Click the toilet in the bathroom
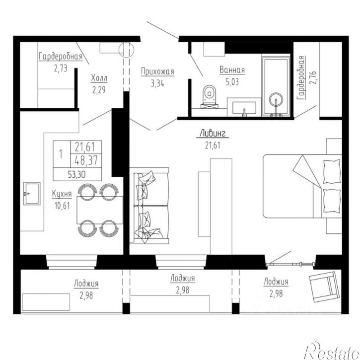click(x=210, y=96)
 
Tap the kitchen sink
click(x=32, y=193)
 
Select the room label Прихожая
click(x=157, y=72)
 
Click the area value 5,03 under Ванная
click(x=232, y=82)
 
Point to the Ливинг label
click(x=213, y=133)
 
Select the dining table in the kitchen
click(x=100, y=210)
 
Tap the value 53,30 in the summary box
click(x=77, y=174)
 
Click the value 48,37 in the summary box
click(x=86, y=160)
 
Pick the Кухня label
click(x=62, y=194)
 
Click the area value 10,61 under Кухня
click(x=62, y=206)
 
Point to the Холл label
click(x=99, y=78)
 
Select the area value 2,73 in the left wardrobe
click(x=61, y=68)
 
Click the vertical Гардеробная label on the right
click(x=301, y=77)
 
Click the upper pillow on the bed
click(x=331, y=171)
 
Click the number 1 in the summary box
click(x=61, y=154)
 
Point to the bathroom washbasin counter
click(x=244, y=107)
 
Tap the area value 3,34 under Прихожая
click(x=157, y=83)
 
